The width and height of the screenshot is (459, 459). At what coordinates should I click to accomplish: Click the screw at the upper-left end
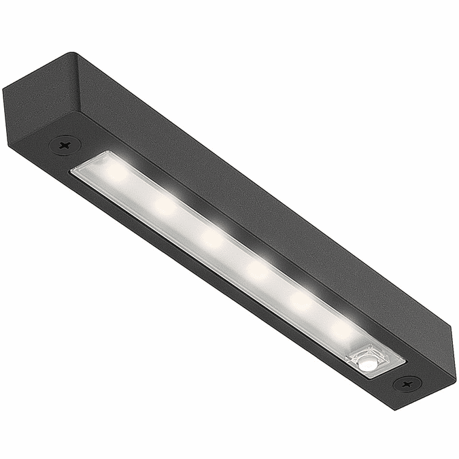pos(65,145)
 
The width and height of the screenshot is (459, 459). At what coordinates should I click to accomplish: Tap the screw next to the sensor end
pos(407,384)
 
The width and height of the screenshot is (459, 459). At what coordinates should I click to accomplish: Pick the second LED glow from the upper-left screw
pos(165,205)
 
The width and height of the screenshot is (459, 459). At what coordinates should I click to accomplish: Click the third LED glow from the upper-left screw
pos(211,237)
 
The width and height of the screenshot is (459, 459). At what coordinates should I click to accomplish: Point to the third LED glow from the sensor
pos(258,270)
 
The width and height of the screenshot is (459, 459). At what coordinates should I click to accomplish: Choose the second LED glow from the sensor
pos(300,300)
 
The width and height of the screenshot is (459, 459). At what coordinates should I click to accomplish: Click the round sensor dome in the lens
pos(368,364)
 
